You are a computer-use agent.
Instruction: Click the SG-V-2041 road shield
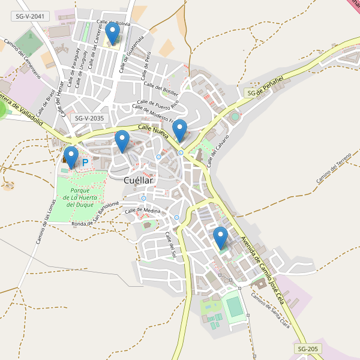pyautogui.click(x=29, y=17)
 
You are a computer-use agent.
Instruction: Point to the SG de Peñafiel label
pyautogui.click(x=265, y=92)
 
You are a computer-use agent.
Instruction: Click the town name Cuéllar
pyautogui.click(x=138, y=179)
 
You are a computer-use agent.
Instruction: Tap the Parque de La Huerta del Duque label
pyautogui.click(x=79, y=197)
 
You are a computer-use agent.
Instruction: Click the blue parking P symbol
pyautogui.click(x=85, y=162)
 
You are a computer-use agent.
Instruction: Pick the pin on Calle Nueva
pyautogui.click(x=179, y=131)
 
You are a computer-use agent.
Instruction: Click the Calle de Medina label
pyautogui.click(x=143, y=211)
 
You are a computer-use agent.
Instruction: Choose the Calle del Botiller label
pyautogui.click(x=167, y=91)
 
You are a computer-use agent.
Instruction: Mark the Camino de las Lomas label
pyautogui.click(x=43, y=223)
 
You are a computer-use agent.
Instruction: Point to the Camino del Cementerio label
pyautogui.click(x=22, y=59)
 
